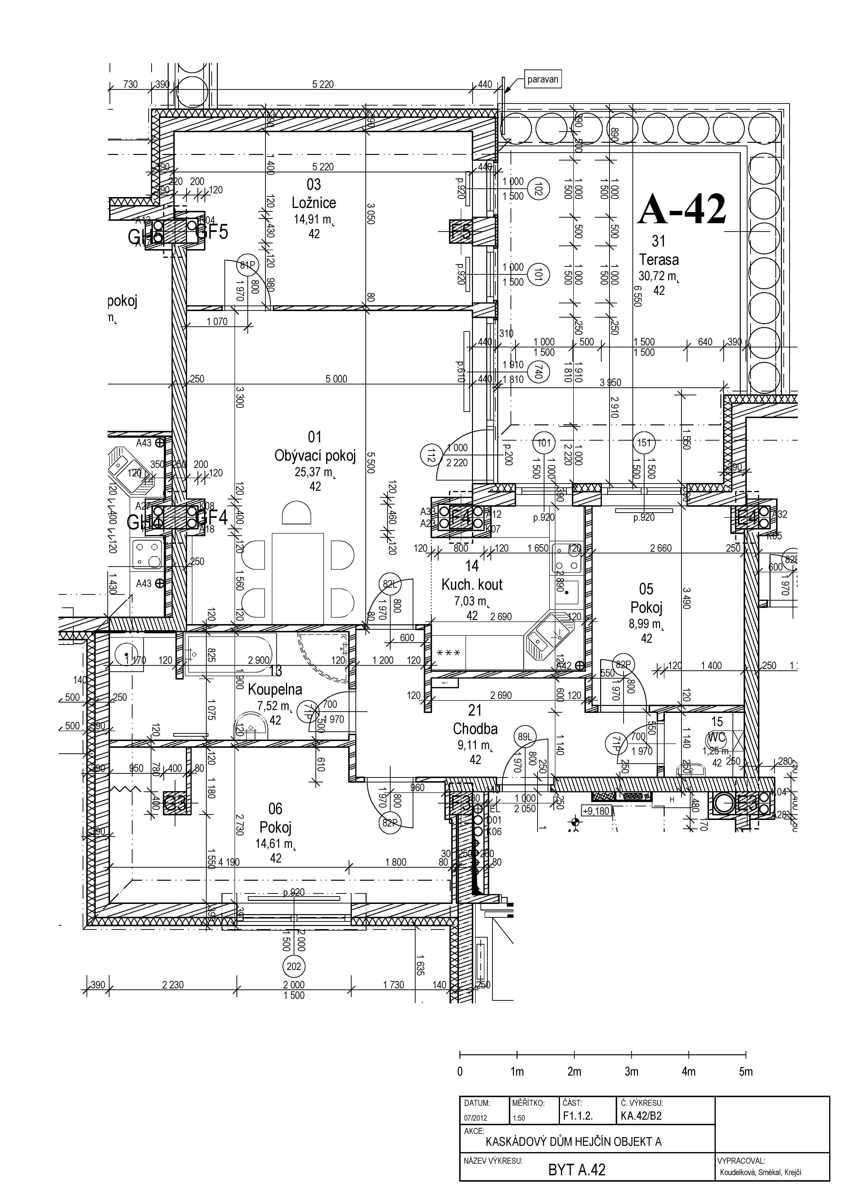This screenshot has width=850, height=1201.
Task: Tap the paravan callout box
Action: (543, 80)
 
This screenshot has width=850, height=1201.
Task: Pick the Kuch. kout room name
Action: (472, 585)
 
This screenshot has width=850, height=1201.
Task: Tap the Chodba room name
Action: (475, 729)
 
